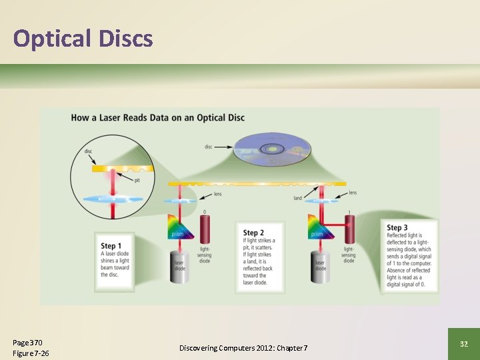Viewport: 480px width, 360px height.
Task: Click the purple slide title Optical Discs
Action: (83, 39)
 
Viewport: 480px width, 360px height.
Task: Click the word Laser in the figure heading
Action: (119, 118)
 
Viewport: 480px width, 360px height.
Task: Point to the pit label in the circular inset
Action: (136, 180)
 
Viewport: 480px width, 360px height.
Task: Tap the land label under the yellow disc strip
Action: (297, 197)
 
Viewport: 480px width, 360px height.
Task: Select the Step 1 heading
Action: (111, 245)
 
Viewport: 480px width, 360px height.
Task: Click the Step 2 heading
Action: (254, 233)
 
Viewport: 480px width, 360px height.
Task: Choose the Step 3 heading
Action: (397, 228)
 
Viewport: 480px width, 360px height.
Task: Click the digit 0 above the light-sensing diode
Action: (205, 213)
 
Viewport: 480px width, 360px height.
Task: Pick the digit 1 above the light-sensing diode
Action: (348, 213)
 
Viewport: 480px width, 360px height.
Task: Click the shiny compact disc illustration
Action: (273, 151)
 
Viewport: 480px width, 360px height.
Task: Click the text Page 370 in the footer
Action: (27, 343)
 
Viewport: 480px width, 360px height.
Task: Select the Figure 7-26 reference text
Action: (31, 353)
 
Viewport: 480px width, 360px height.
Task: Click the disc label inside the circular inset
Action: (89, 151)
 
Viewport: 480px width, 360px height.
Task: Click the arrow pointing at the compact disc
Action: (222, 146)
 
